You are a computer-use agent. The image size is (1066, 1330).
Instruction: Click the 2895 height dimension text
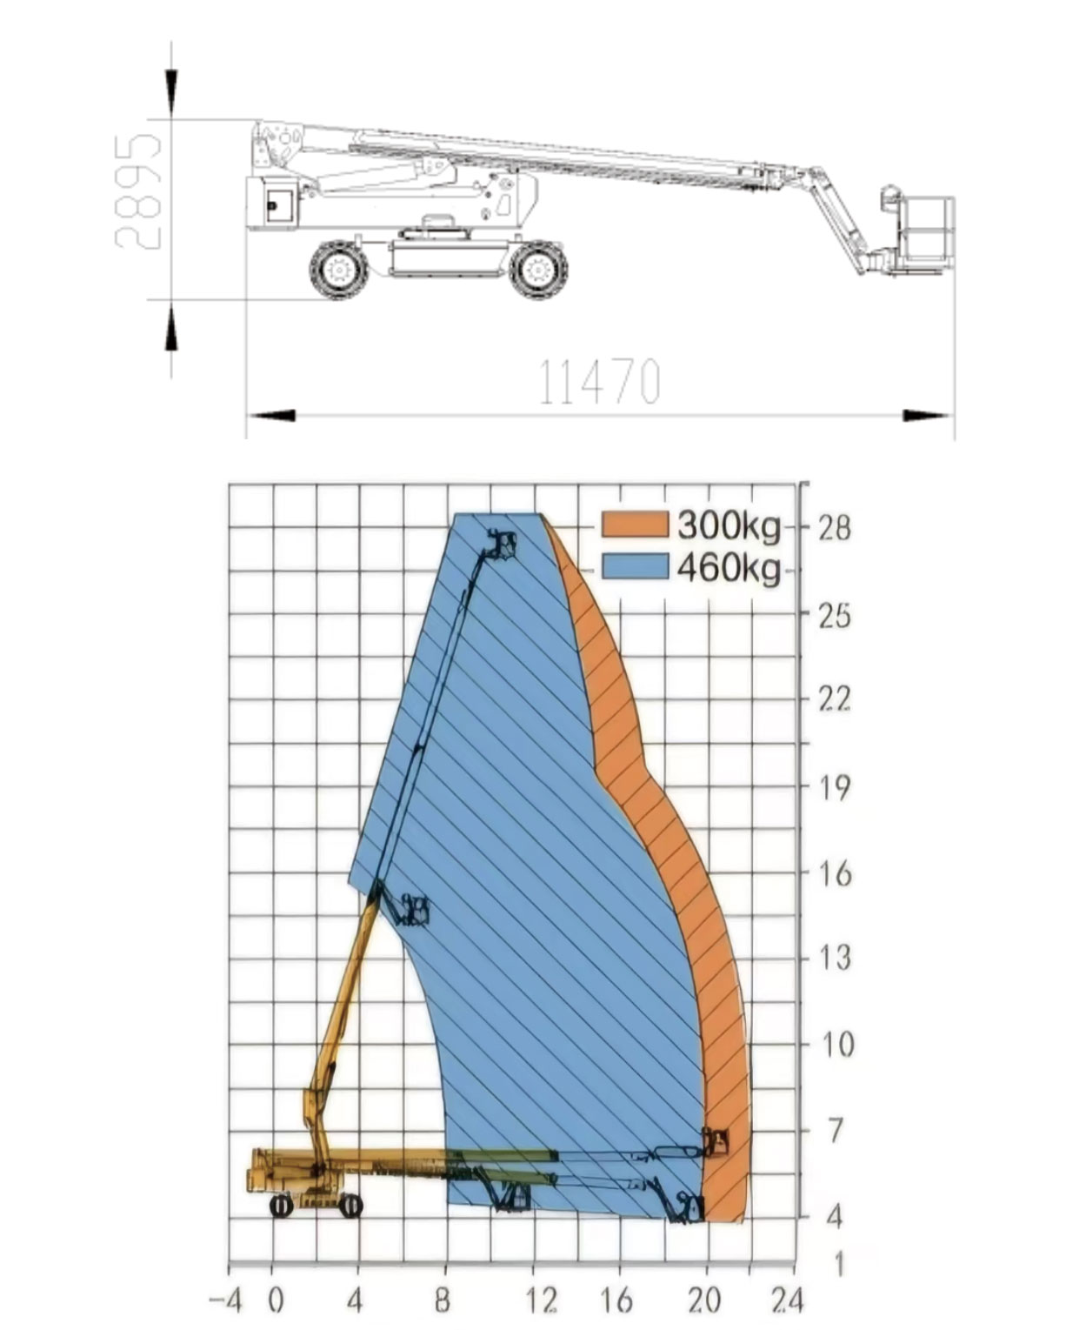pos(138,191)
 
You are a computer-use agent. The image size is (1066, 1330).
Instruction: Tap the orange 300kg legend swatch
pos(635,525)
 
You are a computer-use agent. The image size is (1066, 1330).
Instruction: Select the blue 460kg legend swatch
pos(635,567)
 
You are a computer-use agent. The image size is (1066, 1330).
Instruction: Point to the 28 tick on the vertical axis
pos(834,527)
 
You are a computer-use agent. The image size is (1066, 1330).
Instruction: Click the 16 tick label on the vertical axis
pos(834,874)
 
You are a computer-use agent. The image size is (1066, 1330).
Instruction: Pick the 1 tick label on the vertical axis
pos(838,1264)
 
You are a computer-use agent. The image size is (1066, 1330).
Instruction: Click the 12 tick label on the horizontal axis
pos(541,1301)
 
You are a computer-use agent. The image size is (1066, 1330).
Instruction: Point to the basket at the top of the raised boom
pos(501,545)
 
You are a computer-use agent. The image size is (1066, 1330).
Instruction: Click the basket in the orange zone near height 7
pos(716,1141)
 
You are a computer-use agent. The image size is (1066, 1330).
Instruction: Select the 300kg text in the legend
pos(728,525)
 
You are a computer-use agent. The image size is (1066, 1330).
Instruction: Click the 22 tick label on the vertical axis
pos(834,699)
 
